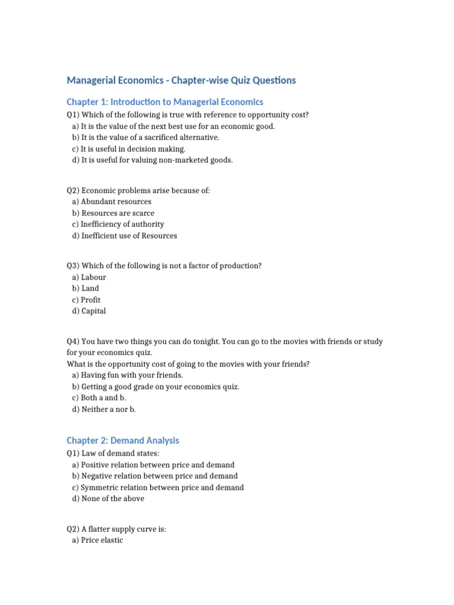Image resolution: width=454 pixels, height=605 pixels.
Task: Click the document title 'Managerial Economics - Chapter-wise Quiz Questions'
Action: pyautogui.click(x=181, y=80)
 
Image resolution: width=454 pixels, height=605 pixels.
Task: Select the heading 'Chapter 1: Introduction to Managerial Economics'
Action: pyautogui.click(x=165, y=102)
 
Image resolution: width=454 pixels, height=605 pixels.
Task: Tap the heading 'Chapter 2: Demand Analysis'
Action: pyautogui.click(x=122, y=440)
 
